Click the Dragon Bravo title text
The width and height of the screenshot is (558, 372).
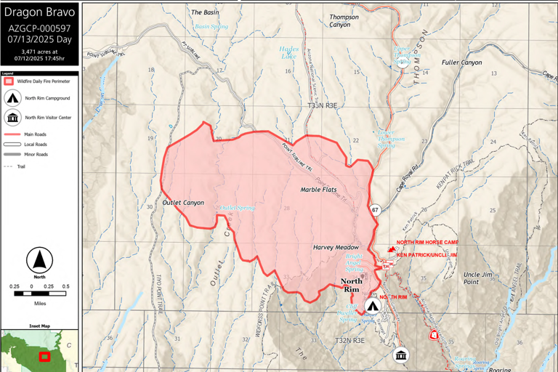pyautogui.click(x=39, y=12)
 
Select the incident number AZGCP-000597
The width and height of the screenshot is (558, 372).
pyautogui.click(x=39, y=28)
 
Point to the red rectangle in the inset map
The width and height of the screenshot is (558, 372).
pyautogui.click(x=44, y=356)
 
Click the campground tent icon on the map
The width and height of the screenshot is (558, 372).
pyautogui.click(x=373, y=306)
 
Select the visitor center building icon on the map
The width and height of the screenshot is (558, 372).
pyautogui.click(x=400, y=355)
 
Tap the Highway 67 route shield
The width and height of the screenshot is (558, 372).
pyautogui.click(x=375, y=210)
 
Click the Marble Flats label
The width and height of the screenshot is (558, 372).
pyautogui.click(x=318, y=190)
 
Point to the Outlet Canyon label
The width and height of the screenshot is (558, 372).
pyautogui.click(x=183, y=203)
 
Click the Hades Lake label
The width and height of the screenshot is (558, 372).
pyautogui.click(x=288, y=52)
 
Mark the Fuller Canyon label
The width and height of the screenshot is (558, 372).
pyautogui.click(x=461, y=62)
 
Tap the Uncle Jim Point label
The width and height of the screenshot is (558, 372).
pyautogui.click(x=480, y=278)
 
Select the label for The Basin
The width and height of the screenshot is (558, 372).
pyautogui.click(x=204, y=12)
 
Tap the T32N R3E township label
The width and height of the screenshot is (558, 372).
pyautogui.click(x=349, y=340)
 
